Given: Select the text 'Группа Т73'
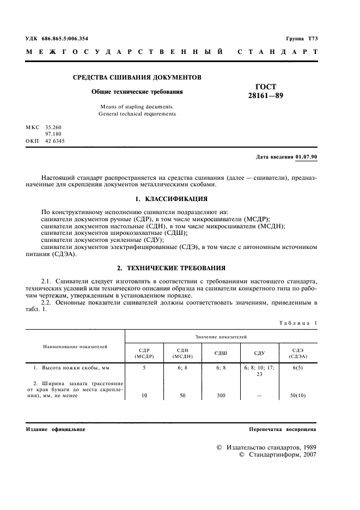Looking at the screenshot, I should tap(302, 38).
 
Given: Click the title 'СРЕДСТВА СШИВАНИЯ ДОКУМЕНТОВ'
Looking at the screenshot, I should tap(137, 77).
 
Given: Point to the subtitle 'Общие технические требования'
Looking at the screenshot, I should tap(137, 92).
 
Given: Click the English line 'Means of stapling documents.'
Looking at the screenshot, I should tap(137, 106).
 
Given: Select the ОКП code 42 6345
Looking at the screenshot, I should tap(54, 141).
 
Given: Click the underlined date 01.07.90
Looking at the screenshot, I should tap(307, 157).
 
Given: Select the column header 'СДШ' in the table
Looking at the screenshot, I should tap(221, 353).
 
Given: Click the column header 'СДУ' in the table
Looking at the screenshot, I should tap(259, 353).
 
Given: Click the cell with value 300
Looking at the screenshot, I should tap(221, 396).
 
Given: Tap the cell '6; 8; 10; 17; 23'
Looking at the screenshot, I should tap(259, 371).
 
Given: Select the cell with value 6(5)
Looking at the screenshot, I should tap(297, 368).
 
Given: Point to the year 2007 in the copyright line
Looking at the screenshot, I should tap(308, 454).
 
